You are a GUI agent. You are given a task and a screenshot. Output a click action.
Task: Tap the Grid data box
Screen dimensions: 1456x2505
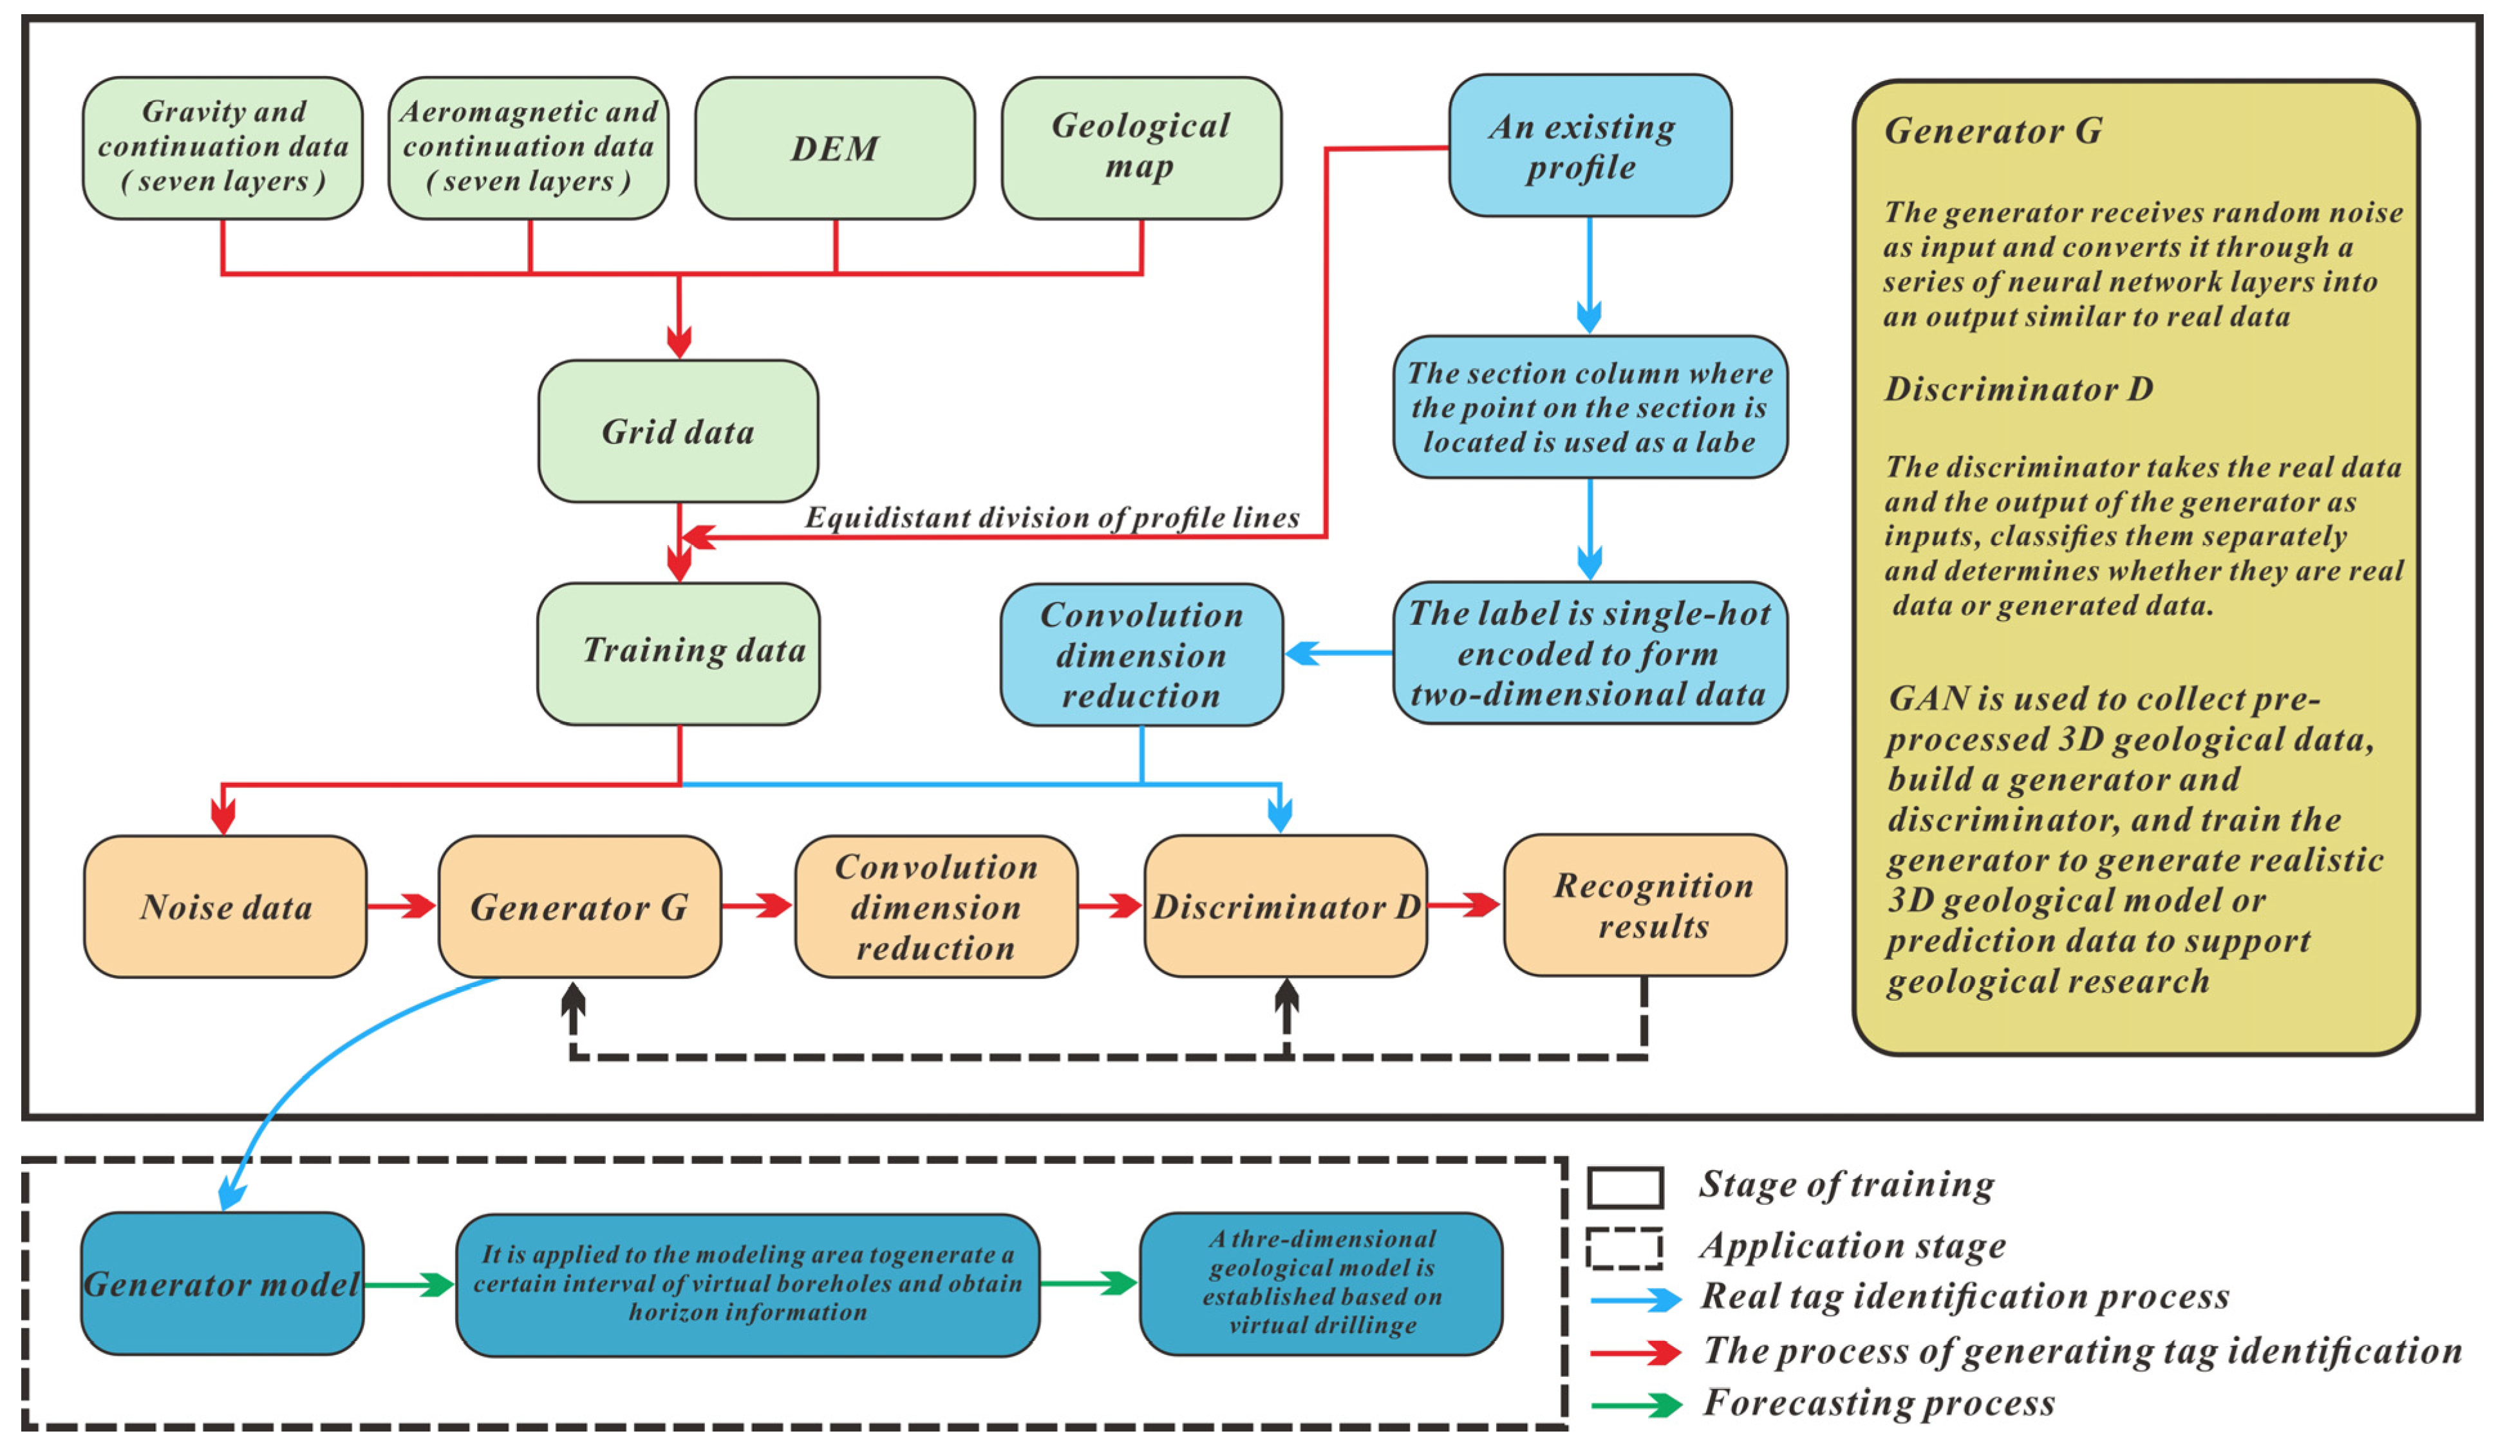678,431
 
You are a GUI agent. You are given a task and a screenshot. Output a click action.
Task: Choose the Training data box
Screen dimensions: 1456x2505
678,653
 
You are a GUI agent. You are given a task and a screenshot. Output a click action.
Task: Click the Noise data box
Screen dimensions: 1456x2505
225,906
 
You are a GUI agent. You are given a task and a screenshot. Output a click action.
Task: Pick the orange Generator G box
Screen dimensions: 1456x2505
579,906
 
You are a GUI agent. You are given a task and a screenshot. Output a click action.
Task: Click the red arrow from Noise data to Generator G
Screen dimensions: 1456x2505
402,906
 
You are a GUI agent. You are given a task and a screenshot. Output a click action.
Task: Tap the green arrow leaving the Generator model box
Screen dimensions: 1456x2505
409,1284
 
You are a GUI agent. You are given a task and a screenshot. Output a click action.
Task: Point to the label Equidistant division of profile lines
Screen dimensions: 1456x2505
1052,518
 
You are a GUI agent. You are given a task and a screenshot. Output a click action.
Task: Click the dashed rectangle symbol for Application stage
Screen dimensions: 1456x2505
1624,1248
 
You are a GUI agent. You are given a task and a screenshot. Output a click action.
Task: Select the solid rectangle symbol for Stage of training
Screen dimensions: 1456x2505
1624,1187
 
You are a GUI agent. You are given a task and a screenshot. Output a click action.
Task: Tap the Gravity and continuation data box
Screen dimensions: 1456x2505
223,148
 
